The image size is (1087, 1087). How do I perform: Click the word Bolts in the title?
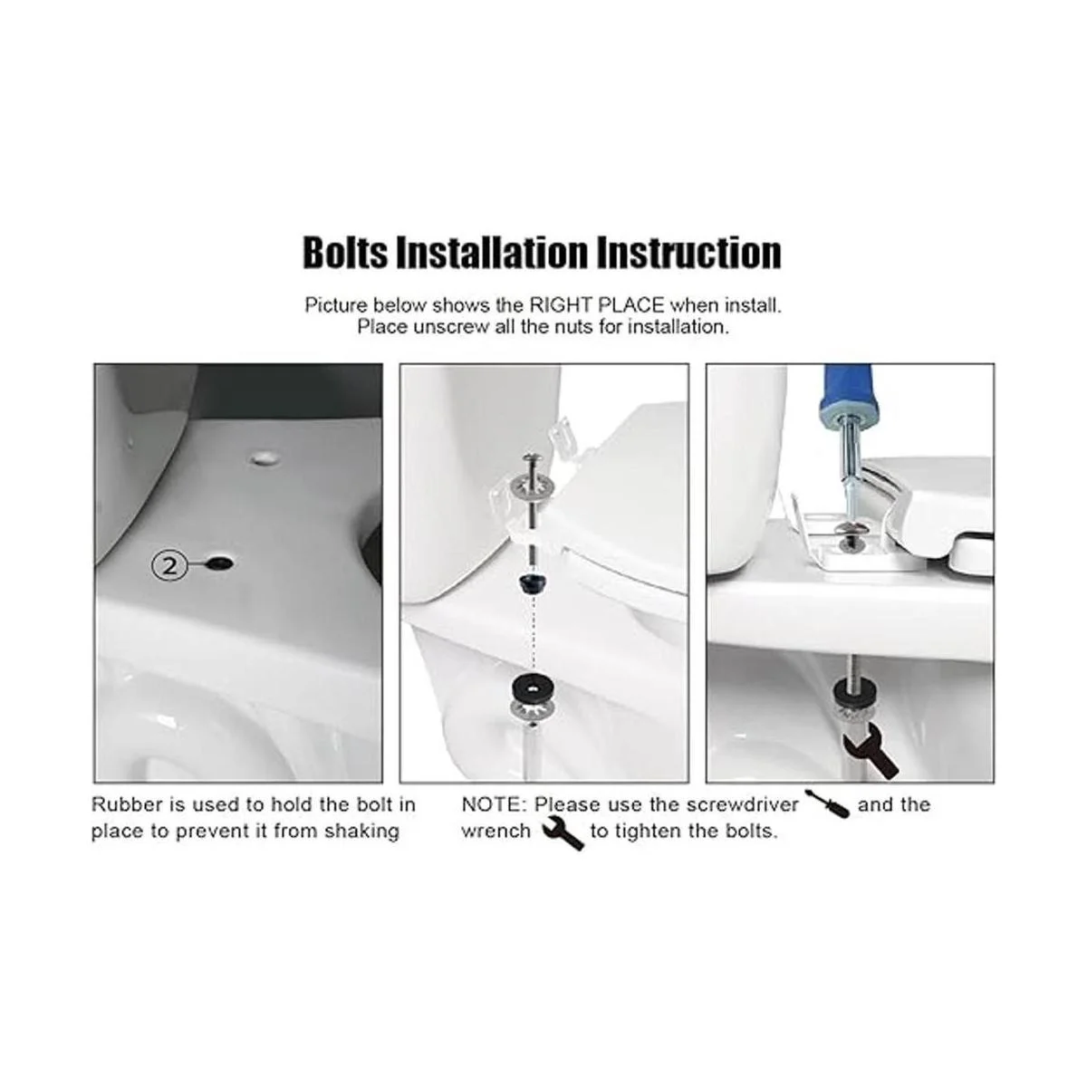345,253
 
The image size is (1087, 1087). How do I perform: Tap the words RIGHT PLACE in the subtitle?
596,305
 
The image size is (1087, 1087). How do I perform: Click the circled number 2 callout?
169,565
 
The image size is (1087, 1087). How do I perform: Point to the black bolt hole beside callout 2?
221,563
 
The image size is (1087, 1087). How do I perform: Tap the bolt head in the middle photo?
532,459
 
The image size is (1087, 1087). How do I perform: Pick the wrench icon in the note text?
563,833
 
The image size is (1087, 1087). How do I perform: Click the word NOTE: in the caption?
495,803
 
